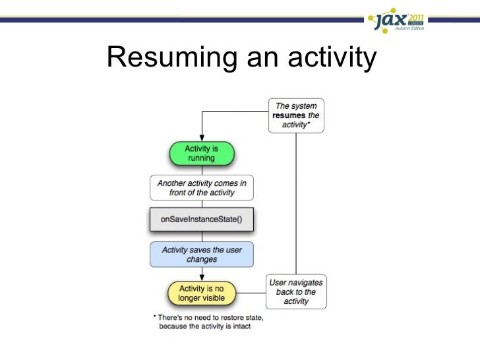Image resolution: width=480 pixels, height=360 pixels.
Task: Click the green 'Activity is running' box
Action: (x=201, y=154)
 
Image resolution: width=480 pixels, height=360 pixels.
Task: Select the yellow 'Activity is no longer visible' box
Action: (x=201, y=293)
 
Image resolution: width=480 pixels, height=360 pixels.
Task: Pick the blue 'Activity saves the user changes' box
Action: (x=201, y=255)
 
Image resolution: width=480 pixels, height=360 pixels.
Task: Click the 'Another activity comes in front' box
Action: (x=201, y=188)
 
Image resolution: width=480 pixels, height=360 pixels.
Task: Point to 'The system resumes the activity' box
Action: (x=296, y=115)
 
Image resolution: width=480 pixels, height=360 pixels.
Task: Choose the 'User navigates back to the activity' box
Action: (x=296, y=292)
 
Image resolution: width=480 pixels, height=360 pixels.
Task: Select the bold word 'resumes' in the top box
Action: (x=288, y=115)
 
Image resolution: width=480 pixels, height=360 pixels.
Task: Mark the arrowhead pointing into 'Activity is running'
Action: (x=201, y=139)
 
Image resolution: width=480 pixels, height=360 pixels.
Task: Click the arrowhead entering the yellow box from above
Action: (x=201, y=278)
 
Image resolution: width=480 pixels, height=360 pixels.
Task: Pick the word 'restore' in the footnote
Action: (x=228, y=317)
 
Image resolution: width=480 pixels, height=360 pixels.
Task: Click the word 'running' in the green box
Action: (x=201, y=158)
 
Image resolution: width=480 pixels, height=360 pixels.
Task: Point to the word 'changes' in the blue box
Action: (x=201, y=260)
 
